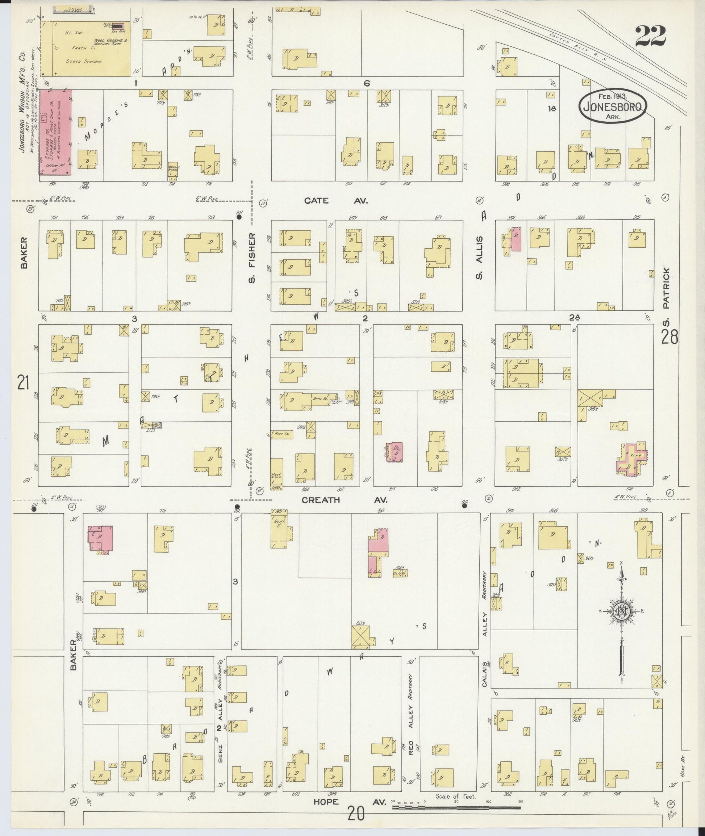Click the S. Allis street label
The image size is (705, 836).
tap(480, 258)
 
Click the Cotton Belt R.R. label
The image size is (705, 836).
tap(577, 47)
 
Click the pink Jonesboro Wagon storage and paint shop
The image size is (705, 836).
tap(55, 132)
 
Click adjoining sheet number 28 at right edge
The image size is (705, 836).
tap(669, 338)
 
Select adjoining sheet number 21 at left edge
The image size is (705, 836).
tap(23, 383)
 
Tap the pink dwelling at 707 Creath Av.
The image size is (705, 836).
tap(101, 539)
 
